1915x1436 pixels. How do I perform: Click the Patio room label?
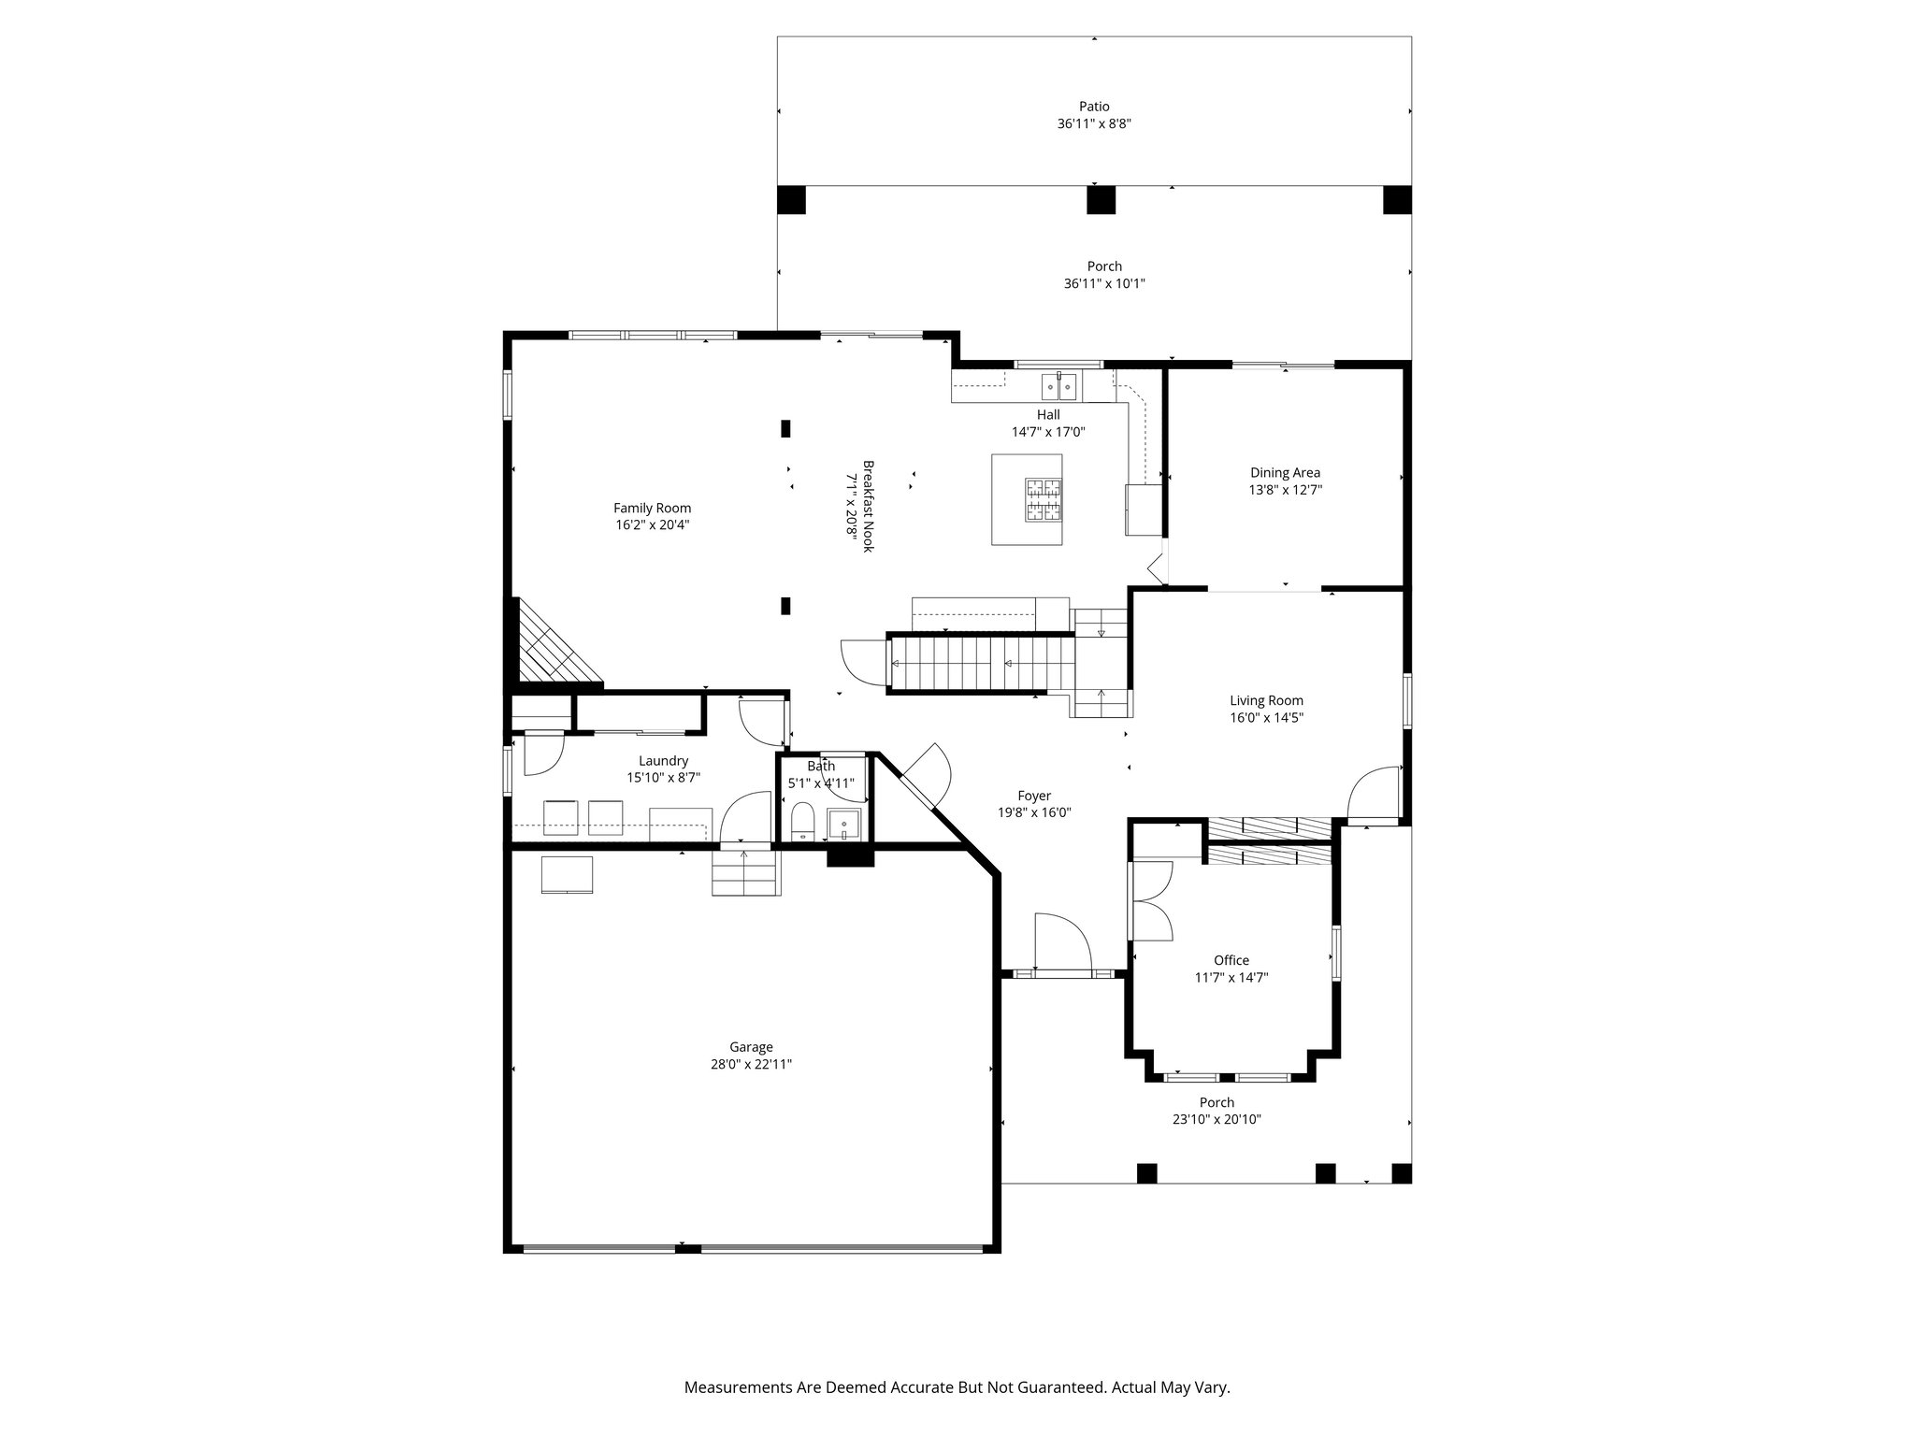(x=1094, y=107)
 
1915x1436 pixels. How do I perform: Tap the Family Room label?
(x=652, y=509)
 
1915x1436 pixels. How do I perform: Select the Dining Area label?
(x=1285, y=473)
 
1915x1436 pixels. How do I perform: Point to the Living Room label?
(x=1266, y=700)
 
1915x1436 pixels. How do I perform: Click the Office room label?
(x=1231, y=960)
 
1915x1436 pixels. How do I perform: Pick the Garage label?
(x=751, y=1047)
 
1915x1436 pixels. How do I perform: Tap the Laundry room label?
(x=663, y=761)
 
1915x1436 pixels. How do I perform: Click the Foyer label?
(x=1034, y=797)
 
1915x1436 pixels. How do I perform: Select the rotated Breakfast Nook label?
(x=868, y=506)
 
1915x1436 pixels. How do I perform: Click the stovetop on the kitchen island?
(x=1044, y=499)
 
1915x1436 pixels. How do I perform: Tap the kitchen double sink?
(x=1059, y=385)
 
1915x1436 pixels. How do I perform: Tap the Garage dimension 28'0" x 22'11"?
(x=751, y=1064)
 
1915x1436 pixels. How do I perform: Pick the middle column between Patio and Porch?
(x=1101, y=200)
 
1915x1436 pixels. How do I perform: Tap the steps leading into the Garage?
(x=744, y=873)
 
